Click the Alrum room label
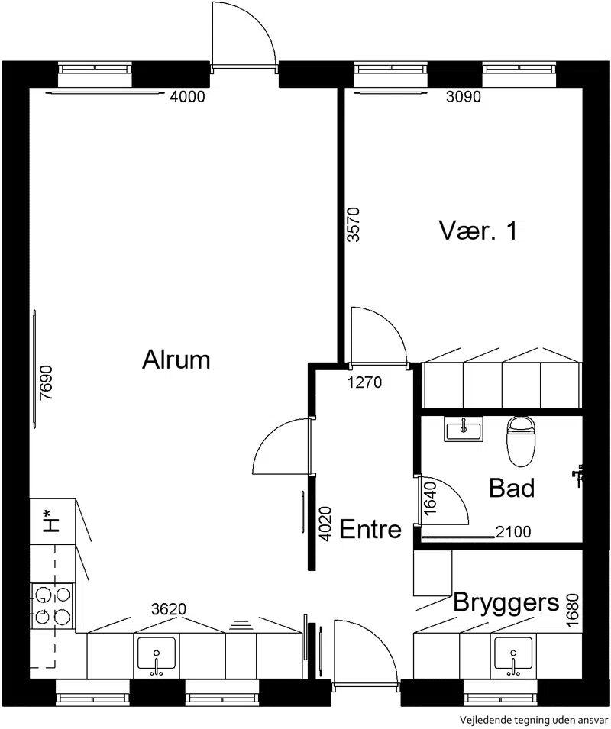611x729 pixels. coord(176,360)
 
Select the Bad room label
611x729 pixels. coord(512,489)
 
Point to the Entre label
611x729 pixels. coord(370,529)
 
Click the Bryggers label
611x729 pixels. coord(506,603)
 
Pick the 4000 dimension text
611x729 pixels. coord(187,97)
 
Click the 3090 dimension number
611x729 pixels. coord(464,97)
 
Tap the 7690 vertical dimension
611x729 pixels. coord(47,383)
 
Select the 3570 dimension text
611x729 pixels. coord(354,224)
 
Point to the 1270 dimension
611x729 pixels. coord(365,382)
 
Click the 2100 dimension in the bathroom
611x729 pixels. coord(513,531)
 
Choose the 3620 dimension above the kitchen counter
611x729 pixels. coord(169,609)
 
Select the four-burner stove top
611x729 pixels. coord(52,606)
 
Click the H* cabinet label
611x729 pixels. coord(51,521)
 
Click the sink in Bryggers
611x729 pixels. coord(513,656)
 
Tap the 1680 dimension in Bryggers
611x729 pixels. coord(574,610)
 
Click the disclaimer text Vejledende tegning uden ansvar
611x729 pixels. coord(534,719)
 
